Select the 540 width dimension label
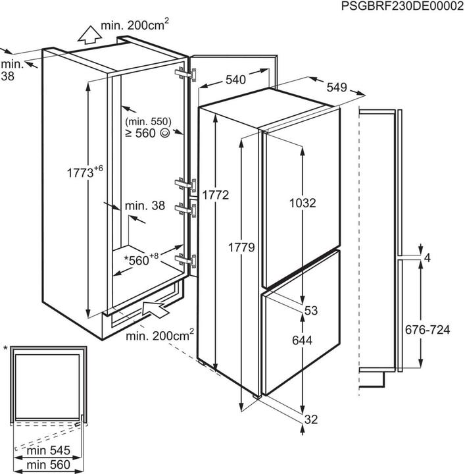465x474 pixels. pyautogui.click(x=235, y=80)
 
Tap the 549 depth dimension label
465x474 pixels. pyautogui.click(x=336, y=87)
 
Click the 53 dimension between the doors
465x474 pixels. pyautogui.click(x=311, y=310)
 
